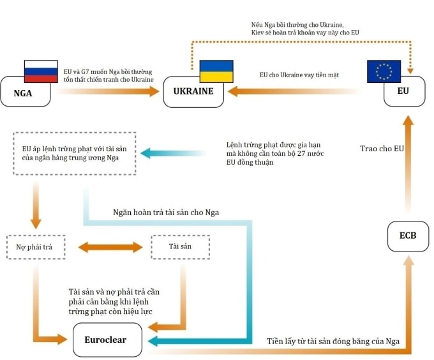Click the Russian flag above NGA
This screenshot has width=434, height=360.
[40, 72]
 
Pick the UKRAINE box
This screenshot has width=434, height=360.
[193, 92]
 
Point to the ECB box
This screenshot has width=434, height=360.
[407, 236]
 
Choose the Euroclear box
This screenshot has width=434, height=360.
[105, 340]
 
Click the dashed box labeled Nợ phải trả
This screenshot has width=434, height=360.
[36, 246]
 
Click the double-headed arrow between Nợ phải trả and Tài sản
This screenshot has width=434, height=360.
[110, 246]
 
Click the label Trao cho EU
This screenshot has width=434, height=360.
[381, 149]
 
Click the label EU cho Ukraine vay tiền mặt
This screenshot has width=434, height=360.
[299, 75]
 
